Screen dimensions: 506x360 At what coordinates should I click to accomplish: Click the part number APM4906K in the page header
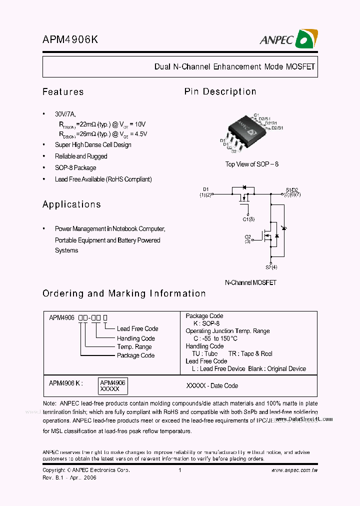coord(70,41)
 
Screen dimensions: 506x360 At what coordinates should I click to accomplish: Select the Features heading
coord(63,92)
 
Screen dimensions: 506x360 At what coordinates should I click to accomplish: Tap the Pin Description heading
coord(220,92)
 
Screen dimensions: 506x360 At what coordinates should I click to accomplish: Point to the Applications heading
coord(71,204)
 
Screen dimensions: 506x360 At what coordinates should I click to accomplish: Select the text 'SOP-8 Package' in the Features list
coord(75,168)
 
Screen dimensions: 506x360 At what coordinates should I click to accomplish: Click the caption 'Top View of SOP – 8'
coord(251,164)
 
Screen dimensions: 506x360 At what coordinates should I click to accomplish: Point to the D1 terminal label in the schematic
coord(205,189)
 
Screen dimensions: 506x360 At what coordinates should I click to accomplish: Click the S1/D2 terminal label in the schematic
coord(292,189)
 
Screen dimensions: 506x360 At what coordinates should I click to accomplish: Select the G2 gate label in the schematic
coord(247,236)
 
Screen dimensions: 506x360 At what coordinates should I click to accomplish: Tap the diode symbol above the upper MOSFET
coord(245,187)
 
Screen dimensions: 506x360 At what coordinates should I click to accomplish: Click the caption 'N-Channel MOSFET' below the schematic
coord(250,282)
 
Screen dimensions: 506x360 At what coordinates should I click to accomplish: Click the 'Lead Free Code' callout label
coord(137,329)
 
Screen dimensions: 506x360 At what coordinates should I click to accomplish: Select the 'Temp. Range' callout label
coord(134,347)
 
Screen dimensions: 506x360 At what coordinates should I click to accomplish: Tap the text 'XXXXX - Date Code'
coord(212,386)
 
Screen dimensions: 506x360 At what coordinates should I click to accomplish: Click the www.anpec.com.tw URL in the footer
coord(294,470)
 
